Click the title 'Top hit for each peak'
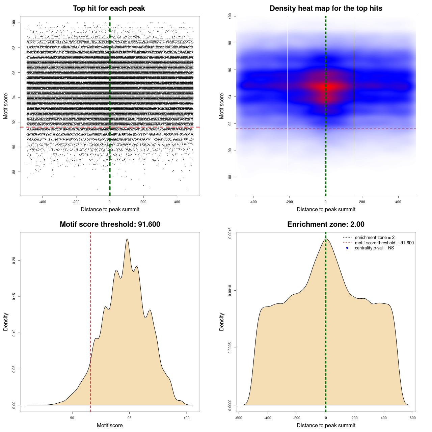(x=109, y=8)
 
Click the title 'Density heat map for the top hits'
(x=326, y=8)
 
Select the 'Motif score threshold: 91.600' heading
(x=110, y=224)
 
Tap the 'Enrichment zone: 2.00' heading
(x=326, y=224)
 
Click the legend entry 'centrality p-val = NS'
(x=374, y=248)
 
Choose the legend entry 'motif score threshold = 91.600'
(x=384, y=243)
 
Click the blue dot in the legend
(x=347, y=248)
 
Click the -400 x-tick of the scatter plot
(x=43, y=202)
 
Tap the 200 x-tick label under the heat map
(x=362, y=202)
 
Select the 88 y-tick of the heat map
(x=230, y=177)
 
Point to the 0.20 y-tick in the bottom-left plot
(x=14, y=261)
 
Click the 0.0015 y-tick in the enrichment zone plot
(x=230, y=233)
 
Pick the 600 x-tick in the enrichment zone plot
(x=412, y=418)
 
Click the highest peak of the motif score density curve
(x=127, y=239)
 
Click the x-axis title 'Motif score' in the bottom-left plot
(x=110, y=425)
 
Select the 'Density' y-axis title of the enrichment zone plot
(x=222, y=322)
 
